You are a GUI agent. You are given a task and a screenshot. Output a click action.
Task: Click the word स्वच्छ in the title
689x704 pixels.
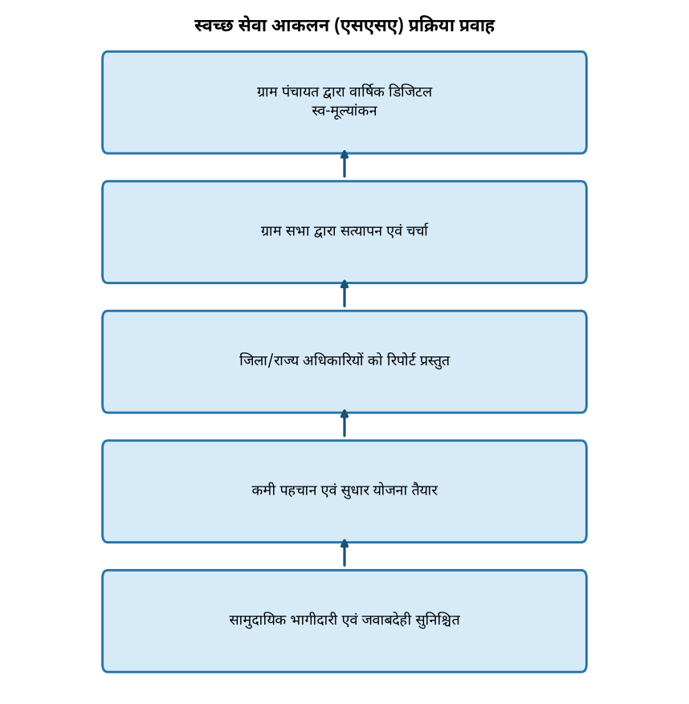[x=214, y=26]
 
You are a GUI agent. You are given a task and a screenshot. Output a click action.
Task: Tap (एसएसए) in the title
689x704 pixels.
[x=369, y=26]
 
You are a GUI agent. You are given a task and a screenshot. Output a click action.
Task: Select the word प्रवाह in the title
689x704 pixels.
[x=476, y=26]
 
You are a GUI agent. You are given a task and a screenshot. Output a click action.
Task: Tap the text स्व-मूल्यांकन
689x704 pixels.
[x=344, y=112]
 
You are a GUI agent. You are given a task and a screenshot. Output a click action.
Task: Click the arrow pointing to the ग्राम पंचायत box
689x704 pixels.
[x=344, y=164]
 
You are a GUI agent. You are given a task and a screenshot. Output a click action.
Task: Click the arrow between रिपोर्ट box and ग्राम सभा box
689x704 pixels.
[x=344, y=294]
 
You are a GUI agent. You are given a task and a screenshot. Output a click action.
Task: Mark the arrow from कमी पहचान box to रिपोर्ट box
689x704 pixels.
[x=344, y=423]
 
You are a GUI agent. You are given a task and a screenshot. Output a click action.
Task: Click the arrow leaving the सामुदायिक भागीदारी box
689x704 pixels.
[x=344, y=553]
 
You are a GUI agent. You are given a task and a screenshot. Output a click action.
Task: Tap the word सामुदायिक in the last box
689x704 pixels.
[x=257, y=620]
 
